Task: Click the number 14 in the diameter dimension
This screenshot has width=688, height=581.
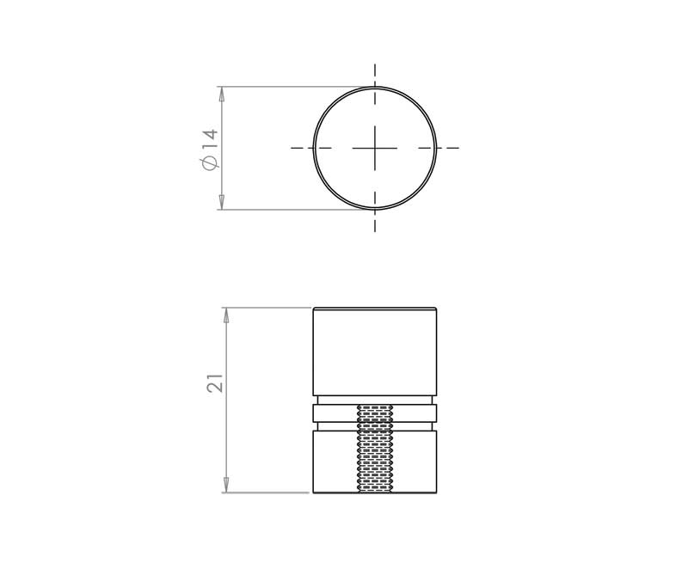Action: (211, 139)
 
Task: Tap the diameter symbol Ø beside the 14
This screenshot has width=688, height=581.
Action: (210, 162)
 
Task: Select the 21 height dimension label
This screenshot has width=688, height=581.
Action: (215, 382)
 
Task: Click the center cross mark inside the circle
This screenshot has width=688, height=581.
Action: (375, 148)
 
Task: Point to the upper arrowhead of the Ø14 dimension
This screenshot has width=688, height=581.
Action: (222, 95)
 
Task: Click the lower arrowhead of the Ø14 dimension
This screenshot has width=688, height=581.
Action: (222, 201)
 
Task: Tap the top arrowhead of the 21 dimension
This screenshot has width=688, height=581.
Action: (226, 315)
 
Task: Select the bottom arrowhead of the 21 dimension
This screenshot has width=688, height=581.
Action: (226, 484)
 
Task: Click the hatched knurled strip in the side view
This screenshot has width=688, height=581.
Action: (375, 448)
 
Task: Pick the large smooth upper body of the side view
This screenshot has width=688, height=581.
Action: (375, 352)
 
